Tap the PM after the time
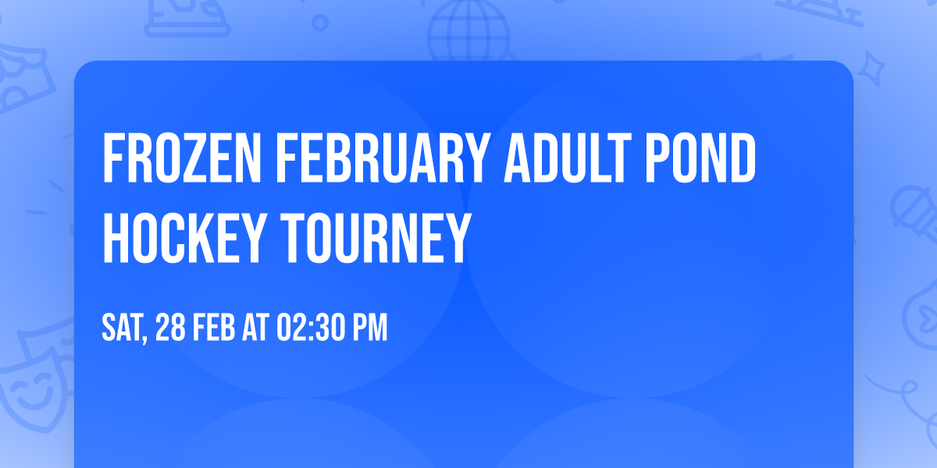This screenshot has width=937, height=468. pos(370,329)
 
